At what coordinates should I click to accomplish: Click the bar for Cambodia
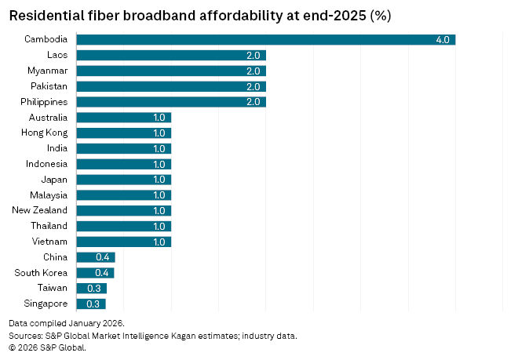click(x=265, y=40)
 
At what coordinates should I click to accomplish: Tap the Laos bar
click(x=171, y=55)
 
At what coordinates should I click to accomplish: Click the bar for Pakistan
click(x=171, y=86)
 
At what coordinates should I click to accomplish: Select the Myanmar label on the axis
click(x=46, y=71)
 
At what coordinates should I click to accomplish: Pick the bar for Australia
click(x=123, y=118)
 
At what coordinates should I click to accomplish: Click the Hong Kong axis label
click(x=44, y=133)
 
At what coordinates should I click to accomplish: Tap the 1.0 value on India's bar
click(x=159, y=148)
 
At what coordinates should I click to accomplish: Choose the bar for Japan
click(x=123, y=180)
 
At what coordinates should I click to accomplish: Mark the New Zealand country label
click(x=40, y=210)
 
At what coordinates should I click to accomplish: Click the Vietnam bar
click(x=123, y=242)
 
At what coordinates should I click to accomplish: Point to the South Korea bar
click(x=95, y=273)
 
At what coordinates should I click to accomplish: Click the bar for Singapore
click(x=90, y=304)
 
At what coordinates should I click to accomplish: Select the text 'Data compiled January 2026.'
click(x=67, y=323)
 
